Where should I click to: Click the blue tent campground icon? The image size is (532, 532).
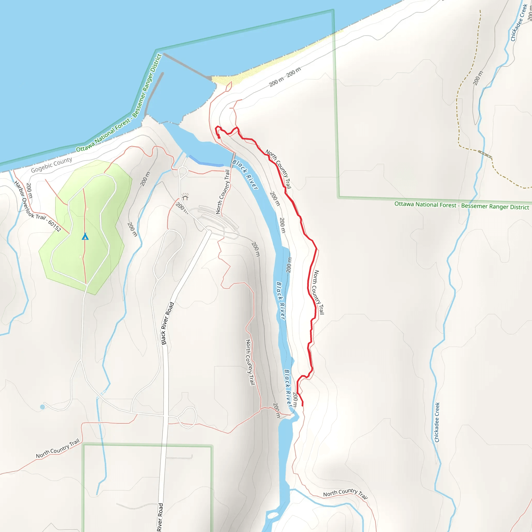[x=85, y=236]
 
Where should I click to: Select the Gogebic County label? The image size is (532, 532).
[x=51, y=165]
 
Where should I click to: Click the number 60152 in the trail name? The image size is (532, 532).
[x=55, y=226]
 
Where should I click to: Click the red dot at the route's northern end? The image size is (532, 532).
[x=219, y=137]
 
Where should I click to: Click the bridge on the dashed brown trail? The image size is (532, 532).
[x=485, y=154]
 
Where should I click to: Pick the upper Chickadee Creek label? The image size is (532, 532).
[x=518, y=23]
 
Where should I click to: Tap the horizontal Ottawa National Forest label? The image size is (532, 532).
[x=462, y=205]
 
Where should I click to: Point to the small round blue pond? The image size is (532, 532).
[x=42, y=407]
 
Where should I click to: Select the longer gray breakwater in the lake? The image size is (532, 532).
[x=187, y=66]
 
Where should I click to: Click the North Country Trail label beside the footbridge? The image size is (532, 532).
[x=223, y=192]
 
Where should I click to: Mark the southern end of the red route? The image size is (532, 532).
[x=302, y=405]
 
